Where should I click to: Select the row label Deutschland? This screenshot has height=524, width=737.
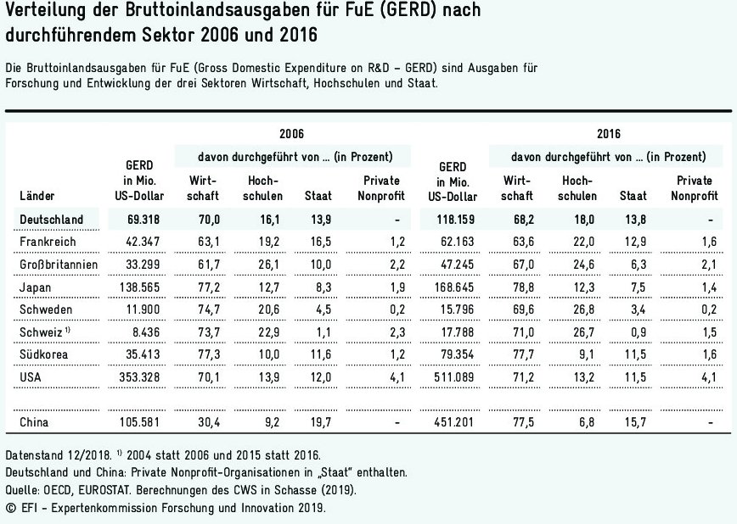(x=51, y=220)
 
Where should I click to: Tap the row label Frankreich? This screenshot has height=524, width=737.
(x=48, y=242)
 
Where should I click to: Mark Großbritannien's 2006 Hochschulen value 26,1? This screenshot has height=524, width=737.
(x=259, y=265)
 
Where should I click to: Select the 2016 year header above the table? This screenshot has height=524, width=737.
(x=608, y=133)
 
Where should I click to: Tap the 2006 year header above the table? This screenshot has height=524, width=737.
(x=291, y=133)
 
